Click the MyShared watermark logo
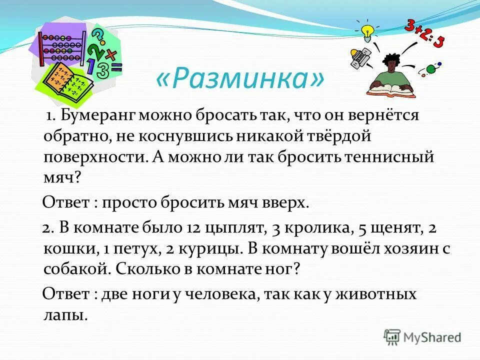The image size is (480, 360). click(x=423, y=337)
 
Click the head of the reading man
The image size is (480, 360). click(x=390, y=62)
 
